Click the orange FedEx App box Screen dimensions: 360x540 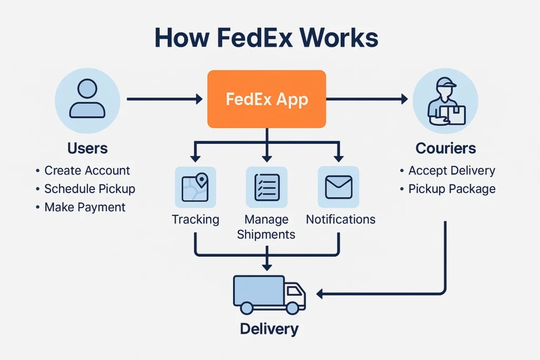[266, 99]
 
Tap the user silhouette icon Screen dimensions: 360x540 [88, 99]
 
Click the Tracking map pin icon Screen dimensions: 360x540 [195, 187]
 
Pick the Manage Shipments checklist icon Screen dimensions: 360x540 [267, 187]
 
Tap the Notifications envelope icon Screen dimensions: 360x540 [338, 187]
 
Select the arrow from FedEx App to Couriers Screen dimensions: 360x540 [367, 99]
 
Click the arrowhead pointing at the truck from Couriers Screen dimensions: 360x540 [320, 293]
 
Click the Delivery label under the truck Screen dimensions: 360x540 [269, 329]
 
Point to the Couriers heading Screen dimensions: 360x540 [446, 148]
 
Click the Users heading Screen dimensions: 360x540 [88, 148]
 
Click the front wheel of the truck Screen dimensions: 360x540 [292, 307]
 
